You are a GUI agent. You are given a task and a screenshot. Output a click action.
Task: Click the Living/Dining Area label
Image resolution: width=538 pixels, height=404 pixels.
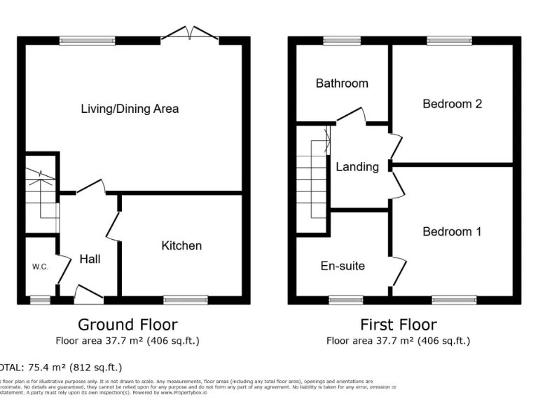click(x=130, y=109)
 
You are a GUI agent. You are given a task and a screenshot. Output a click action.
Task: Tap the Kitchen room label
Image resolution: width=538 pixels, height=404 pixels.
click(x=181, y=245)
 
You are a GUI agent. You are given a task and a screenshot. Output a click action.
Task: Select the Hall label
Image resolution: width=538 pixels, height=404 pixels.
click(x=90, y=259)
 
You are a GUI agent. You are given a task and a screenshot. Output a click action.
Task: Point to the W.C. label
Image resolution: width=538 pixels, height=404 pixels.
click(x=39, y=267)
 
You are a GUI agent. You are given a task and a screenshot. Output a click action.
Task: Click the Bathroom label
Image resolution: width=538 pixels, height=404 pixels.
click(x=342, y=83)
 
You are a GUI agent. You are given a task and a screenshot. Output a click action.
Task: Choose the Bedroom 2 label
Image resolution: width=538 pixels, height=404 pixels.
click(x=452, y=104)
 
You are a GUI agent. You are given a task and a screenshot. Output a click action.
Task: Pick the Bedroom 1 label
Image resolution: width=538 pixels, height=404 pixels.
click(x=452, y=231)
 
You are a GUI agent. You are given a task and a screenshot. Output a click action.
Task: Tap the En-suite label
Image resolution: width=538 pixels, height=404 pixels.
click(x=343, y=266)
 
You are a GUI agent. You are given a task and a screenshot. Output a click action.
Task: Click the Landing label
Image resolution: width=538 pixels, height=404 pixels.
click(x=357, y=167)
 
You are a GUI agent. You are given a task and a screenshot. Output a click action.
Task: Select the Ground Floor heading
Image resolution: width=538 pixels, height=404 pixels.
click(x=127, y=325)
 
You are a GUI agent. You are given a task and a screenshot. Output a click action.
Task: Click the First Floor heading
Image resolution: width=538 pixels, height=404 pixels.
click(x=398, y=325)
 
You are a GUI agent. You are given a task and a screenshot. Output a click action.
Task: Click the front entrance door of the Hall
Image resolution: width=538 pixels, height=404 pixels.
click(x=88, y=294)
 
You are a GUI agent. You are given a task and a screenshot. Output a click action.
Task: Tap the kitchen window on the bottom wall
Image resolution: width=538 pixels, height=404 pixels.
click(x=186, y=299)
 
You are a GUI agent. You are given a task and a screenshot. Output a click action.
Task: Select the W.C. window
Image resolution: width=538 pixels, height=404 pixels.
click(x=40, y=299)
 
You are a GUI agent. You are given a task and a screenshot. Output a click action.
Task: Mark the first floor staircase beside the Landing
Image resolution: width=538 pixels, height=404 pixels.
click(x=312, y=179)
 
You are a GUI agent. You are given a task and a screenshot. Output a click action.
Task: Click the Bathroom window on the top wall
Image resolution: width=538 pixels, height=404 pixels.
click(x=341, y=41)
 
